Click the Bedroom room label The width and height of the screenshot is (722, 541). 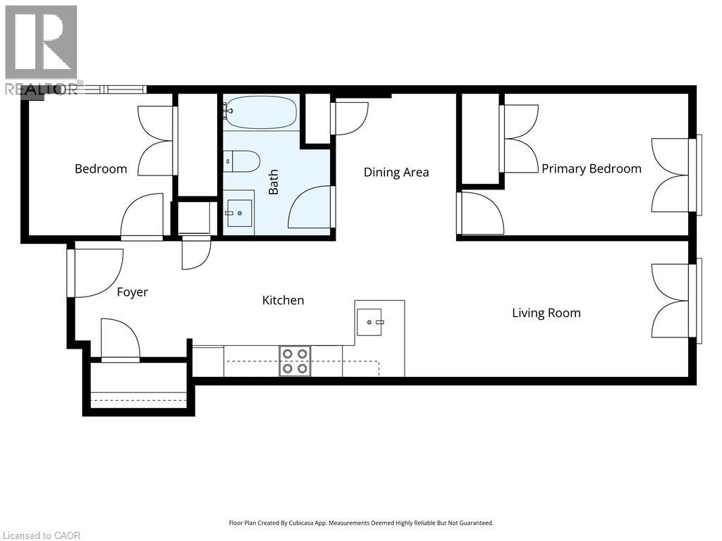(x=101, y=169)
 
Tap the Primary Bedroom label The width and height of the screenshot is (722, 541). (x=591, y=168)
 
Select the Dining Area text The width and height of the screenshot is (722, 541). (x=396, y=173)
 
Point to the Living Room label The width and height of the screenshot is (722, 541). (x=546, y=313)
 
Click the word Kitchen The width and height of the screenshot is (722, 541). (x=283, y=300)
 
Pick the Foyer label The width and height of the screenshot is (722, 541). (x=132, y=292)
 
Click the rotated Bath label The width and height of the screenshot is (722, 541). (x=274, y=182)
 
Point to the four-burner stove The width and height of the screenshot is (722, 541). (x=295, y=360)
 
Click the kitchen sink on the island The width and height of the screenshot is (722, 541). (x=369, y=322)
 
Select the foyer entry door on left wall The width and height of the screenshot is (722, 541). (x=95, y=273)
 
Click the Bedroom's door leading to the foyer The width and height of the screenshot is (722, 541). (x=142, y=217)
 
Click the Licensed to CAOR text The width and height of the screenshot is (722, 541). (x=41, y=535)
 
